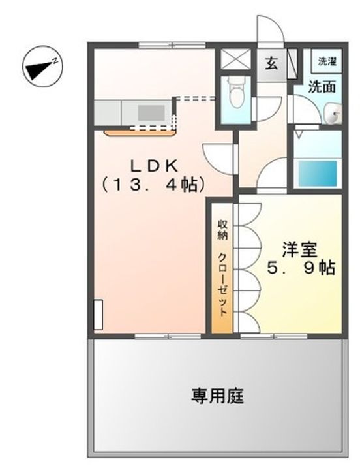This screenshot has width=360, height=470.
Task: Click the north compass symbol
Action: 42,67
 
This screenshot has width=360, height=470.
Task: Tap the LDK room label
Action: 153,166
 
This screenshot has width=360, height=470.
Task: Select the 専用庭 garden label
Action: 218,396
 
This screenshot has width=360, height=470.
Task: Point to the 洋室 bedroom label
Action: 300,249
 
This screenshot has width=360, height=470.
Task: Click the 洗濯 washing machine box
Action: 327,61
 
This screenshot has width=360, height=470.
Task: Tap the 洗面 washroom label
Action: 322,87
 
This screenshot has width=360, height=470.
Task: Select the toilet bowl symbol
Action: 237,92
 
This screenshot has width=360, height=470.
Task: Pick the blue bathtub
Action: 318,174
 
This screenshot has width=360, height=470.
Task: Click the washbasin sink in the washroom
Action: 333,114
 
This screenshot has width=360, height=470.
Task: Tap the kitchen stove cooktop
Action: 151,114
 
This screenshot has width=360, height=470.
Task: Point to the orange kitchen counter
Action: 140,133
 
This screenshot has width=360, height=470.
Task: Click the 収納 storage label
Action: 222,230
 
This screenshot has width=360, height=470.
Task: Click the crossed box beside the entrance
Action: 235,58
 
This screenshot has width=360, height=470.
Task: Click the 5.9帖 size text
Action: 301,268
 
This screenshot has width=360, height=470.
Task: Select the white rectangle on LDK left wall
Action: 98,314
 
